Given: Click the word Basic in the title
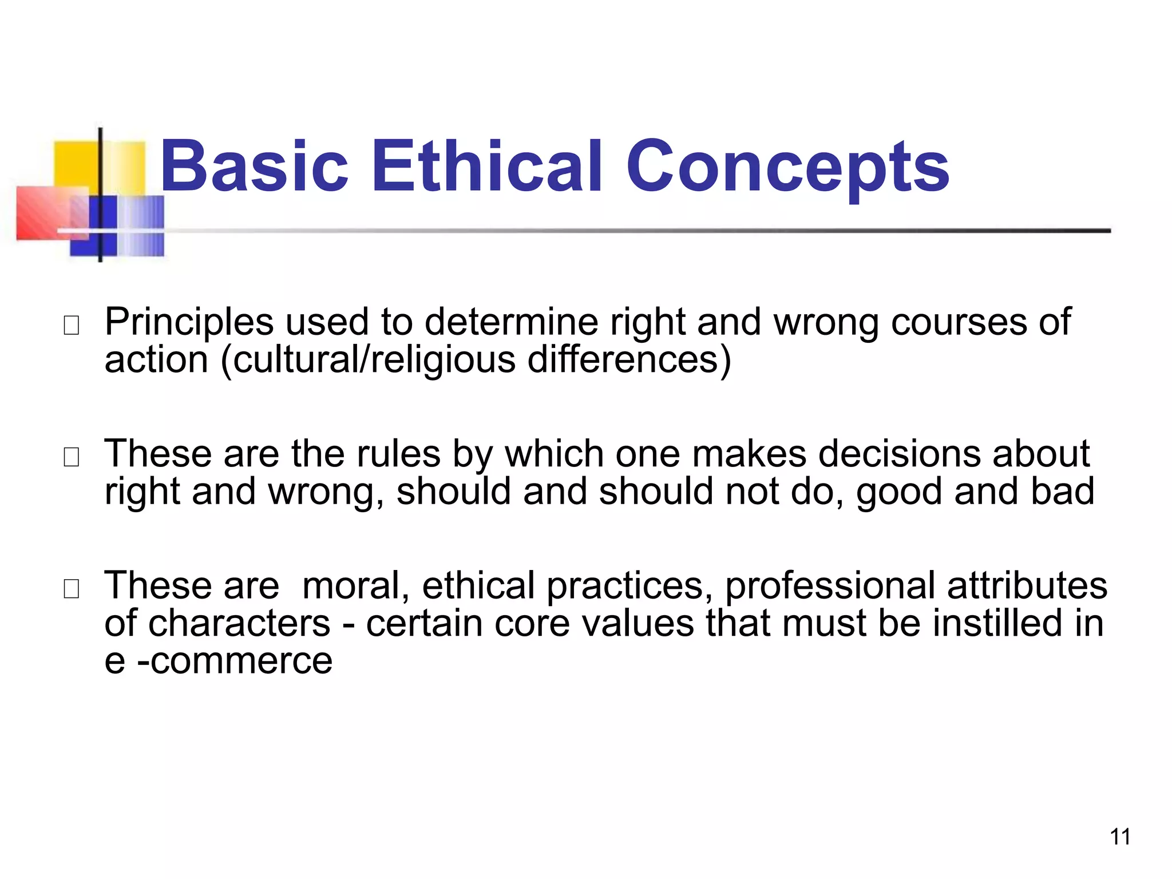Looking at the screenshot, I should pyautogui.click(x=254, y=167).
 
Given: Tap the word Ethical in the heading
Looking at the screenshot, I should pyautogui.click(x=488, y=167).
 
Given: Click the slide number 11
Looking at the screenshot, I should pyautogui.click(x=1120, y=837).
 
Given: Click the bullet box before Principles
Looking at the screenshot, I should pyautogui.click(x=72, y=326).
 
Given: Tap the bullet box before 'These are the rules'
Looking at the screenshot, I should pyautogui.click(x=72, y=457).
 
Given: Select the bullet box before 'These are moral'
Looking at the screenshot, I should pyautogui.click(x=72, y=589).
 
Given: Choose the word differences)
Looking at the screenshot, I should pyautogui.click(x=629, y=361).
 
